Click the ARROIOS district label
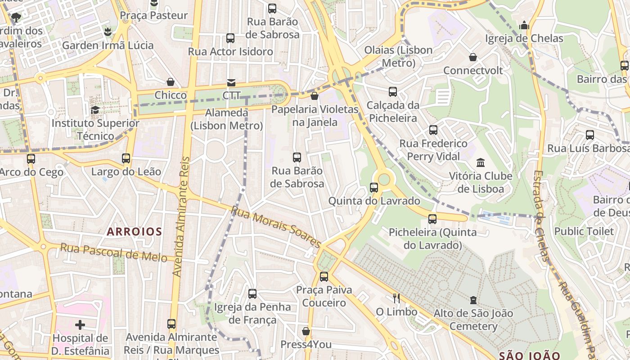[134, 232]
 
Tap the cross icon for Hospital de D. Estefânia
[80, 324]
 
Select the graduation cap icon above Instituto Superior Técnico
[95, 110]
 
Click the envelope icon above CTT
[231, 82]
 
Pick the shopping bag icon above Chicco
[171, 82]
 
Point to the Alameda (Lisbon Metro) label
[227, 119]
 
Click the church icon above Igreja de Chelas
[524, 26]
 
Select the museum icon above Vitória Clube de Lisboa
[481, 162]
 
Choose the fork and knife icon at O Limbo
[396, 298]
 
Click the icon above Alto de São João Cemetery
[473, 300]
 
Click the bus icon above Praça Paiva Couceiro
[324, 276]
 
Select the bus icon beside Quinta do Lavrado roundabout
[374, 187]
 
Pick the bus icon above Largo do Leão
[126, 158]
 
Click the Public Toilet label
[584, 231]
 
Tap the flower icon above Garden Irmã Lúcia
[108, 31]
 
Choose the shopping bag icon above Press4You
[306, 331]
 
